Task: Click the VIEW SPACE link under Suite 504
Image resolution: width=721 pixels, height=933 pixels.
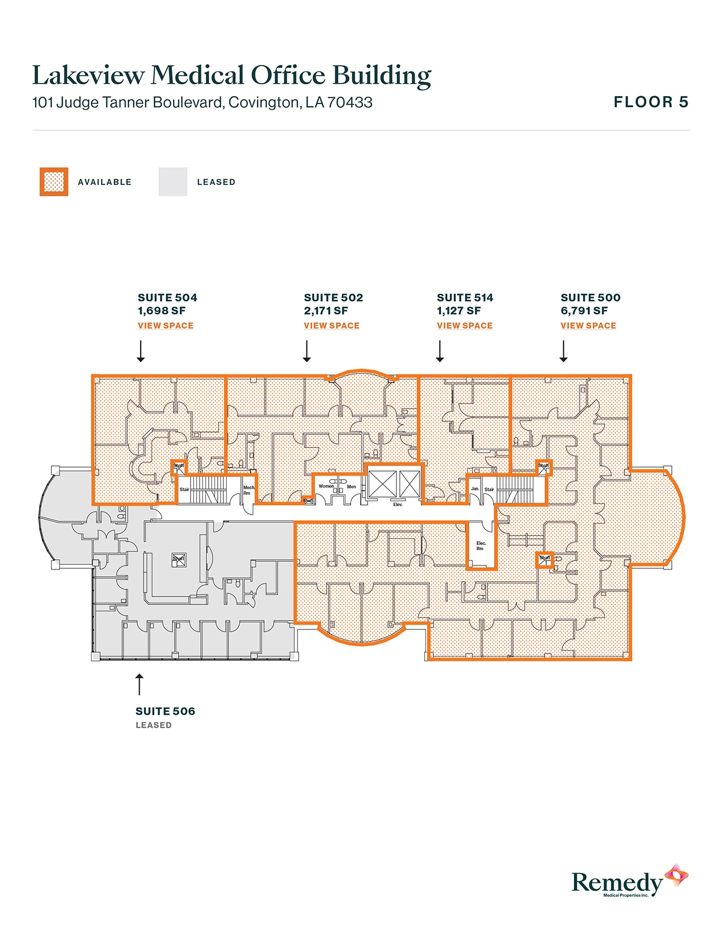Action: click(166, 326)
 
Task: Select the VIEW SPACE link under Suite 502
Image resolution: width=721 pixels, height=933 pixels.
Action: click(331, 326)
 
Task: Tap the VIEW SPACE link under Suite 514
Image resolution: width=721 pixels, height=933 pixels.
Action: click(464, 326)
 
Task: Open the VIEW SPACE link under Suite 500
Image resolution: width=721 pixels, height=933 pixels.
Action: click(588, 326)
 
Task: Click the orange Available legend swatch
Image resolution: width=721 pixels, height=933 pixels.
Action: click(54, 182)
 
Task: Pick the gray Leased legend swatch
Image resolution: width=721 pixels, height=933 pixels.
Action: click(173, 182)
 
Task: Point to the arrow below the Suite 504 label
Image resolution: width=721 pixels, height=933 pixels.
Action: click(141, 351)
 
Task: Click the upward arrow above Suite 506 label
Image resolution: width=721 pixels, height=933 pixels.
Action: click(139, 684)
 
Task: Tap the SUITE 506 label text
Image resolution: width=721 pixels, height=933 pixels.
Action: click(165, 711)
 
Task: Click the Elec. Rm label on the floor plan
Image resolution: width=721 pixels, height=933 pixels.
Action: click(481, 546)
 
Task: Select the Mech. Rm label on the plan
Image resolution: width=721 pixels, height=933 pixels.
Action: click(249, 490)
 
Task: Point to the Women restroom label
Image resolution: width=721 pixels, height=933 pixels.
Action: click(326, 486)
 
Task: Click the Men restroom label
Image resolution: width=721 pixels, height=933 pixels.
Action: click(352, 487)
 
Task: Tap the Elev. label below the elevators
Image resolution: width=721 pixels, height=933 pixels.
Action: click(398, 504)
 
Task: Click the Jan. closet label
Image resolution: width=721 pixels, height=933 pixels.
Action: click(475, 489)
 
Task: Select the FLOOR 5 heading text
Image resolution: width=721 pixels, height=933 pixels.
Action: click(651, 102)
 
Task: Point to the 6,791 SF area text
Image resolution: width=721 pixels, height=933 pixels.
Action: click(584, 311)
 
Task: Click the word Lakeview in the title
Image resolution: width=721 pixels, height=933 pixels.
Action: click(88, 75)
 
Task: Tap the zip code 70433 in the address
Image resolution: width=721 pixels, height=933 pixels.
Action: click(350, 103)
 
